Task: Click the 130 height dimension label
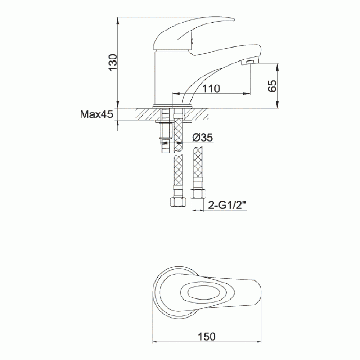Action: (x=113, y=62)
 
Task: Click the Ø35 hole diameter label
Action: (x=202, y=138)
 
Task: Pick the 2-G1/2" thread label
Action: (x=227, y=205)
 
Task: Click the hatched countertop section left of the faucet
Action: (x=144, y=114)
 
